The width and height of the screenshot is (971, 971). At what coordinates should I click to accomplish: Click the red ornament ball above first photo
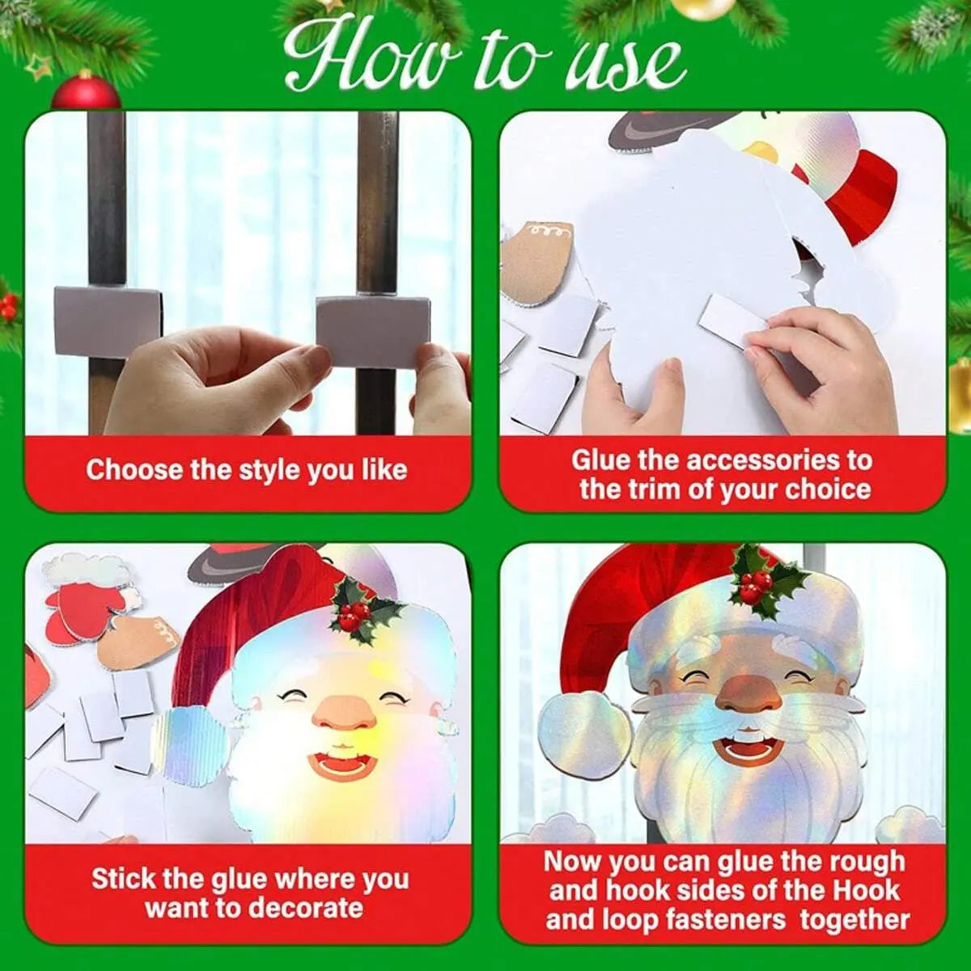tap(86, 91)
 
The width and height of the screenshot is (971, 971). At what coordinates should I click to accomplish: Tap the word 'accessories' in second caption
tap(757, 460)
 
